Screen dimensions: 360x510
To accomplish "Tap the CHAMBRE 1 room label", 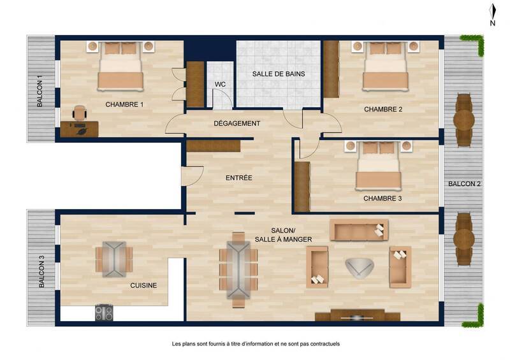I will (124, 104).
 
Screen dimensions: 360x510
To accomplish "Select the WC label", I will (220, 84).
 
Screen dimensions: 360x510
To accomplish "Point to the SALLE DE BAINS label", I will (278, 74).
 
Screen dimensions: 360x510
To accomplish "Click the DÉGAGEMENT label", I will (237, 123).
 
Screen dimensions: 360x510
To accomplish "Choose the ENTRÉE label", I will (239, 178).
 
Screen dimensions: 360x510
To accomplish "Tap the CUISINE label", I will (143, 286).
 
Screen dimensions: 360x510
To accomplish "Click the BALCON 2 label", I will (464, 184).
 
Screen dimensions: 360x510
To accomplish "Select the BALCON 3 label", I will (41, 273).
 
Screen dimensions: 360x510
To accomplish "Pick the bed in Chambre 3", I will (379, 165).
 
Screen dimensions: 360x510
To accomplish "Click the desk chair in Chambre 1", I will (80, 112).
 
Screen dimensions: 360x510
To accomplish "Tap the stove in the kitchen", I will (104, 313).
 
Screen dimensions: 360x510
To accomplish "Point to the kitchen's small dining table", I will (114, 259).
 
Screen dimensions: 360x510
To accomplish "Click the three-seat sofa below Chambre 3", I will (359, 229).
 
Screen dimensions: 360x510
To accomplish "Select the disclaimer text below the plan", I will (256, 344).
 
